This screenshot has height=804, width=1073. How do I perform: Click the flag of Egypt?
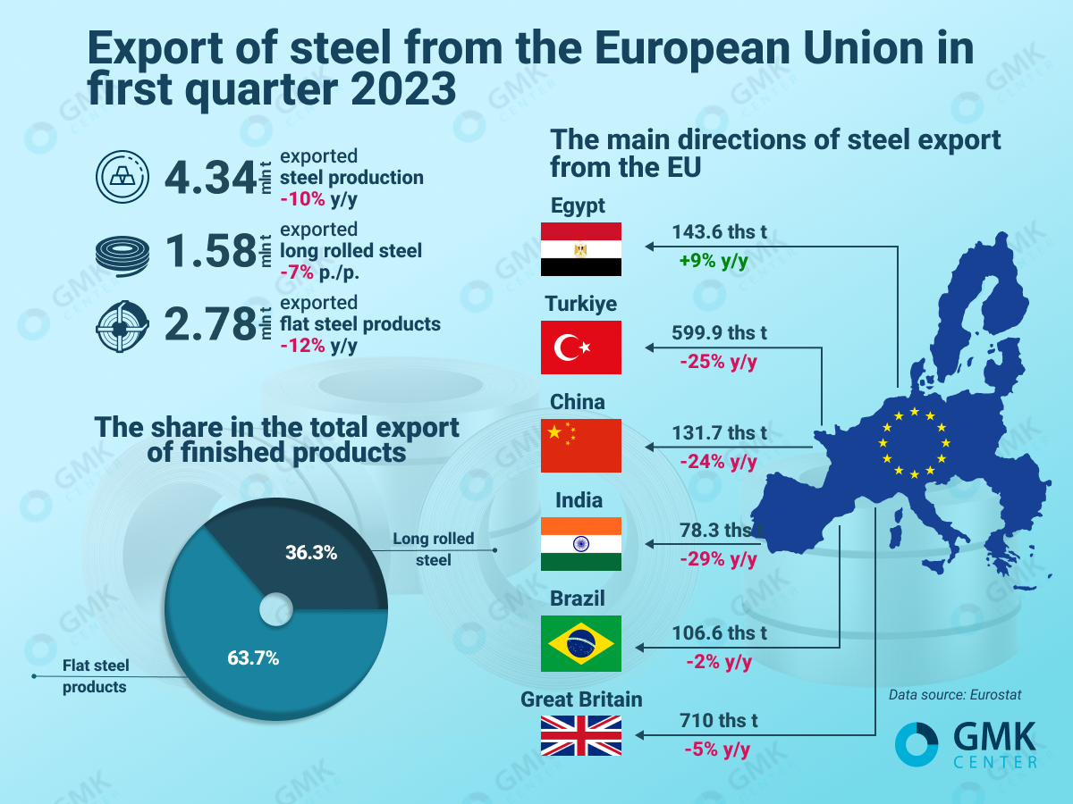[580, 249]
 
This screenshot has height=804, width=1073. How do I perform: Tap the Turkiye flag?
[580, 348]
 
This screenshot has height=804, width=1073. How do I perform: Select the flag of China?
[580, 446]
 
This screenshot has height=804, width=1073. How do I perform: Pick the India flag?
[580, 544]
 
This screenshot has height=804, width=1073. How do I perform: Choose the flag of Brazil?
[580, 644]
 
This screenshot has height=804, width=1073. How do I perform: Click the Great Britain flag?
[580, 735]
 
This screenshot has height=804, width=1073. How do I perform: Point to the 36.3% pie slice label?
[311, 552]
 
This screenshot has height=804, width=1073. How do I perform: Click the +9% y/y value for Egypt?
[712, 262]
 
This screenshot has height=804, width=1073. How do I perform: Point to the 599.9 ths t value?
[719, 333]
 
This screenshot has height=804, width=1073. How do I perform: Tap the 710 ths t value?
[718, 720]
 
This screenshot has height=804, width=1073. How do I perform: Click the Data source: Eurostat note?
[954, 694]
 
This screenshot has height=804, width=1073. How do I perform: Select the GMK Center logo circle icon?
[917, 744]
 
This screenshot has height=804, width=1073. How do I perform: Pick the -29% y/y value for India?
[718, 560]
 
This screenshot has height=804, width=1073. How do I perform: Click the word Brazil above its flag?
[578, 599]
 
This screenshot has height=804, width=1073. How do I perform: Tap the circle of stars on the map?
[914, 443]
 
